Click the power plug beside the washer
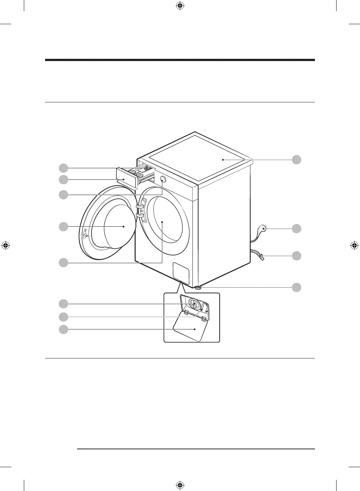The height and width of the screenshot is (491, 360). point(263,229)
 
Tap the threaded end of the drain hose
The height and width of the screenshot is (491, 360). point(262,256)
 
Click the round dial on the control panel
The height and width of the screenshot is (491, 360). point(163,179)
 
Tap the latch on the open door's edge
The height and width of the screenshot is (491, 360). point(85,234)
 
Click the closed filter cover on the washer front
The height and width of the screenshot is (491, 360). point(181,272)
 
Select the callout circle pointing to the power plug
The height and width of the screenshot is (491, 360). point(296,229)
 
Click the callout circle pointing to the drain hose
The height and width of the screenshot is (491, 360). point(296,256)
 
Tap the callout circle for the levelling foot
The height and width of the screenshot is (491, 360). point(296,287)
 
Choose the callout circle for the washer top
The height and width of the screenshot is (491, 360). point(296,160)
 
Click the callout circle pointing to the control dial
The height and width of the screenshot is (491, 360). point(64,195)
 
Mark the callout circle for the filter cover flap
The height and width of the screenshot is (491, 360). point(64,329)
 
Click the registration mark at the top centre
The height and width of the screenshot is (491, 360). point(180,6)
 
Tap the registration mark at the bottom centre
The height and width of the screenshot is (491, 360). point(180,485)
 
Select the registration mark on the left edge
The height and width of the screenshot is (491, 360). point(6,245)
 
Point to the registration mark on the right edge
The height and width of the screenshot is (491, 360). point(354,245)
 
